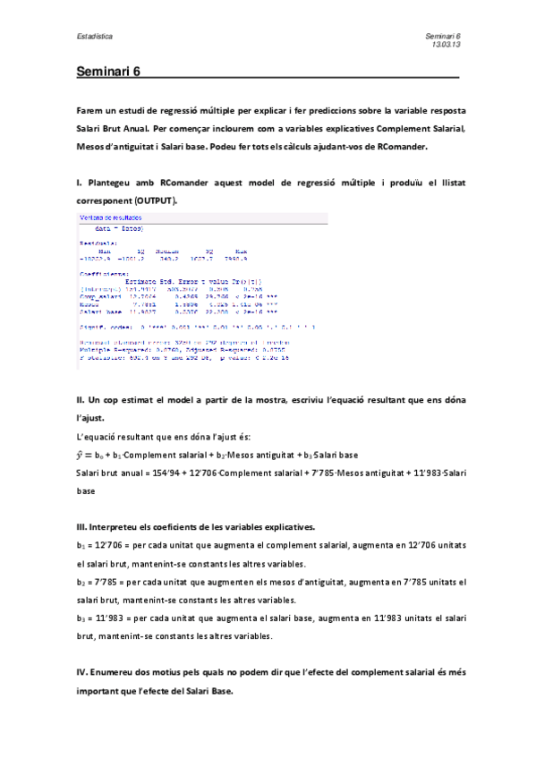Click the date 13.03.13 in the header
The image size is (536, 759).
(446, 43)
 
